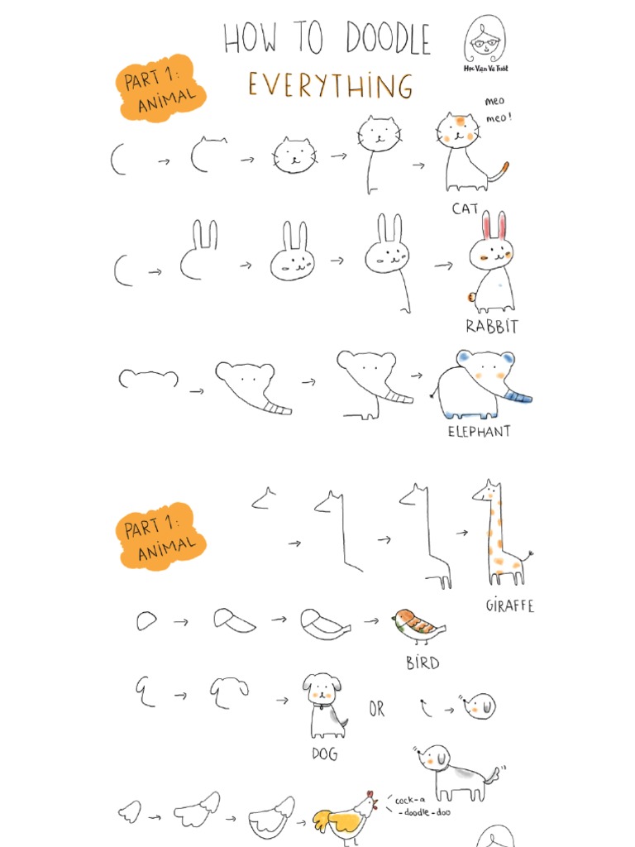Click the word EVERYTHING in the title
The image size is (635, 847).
(330, 85)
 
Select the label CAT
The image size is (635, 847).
(466, 209)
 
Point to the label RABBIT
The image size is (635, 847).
(491, 327)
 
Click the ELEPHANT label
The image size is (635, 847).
(479, 431)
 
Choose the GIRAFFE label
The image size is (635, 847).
(509, 605)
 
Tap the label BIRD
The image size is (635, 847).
(422, 663)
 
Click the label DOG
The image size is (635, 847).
(324, 754)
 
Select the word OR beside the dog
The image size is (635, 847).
(377, 710)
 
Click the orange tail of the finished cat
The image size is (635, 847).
(501, 171)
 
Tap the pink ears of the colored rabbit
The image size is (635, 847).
(494, 225)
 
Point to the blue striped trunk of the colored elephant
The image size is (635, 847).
(519, 398)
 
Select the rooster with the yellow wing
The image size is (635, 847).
(346, 818)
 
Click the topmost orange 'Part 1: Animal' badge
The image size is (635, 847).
(160, 89)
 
